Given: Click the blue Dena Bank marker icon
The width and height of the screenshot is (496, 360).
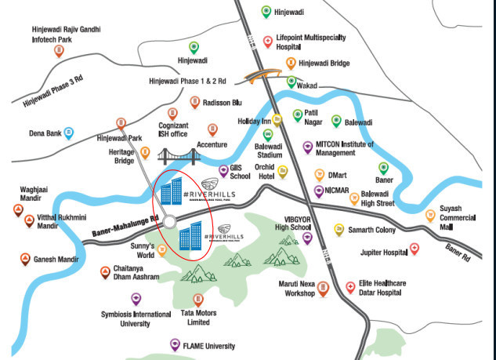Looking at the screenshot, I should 69,133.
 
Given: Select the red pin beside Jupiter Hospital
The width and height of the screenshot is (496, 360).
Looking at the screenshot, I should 415,249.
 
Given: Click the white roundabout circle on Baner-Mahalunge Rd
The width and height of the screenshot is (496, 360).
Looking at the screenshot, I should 170,224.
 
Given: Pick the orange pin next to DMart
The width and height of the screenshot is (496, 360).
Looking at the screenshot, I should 317,175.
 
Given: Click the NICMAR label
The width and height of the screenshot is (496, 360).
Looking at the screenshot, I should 341,191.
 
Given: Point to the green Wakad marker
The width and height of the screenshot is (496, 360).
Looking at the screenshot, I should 291,81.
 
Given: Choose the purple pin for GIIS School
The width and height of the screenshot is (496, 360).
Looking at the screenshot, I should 223,170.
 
